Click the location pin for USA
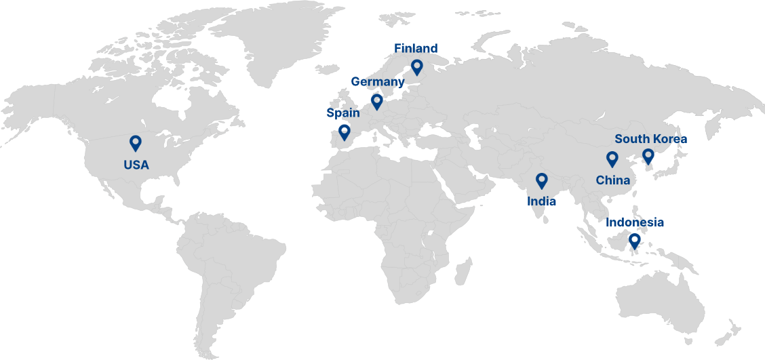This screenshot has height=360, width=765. click(135, 143)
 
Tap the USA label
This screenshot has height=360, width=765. click(136, 165)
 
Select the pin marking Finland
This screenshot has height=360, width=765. click(416, 66)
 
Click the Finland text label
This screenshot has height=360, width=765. click(416, 49)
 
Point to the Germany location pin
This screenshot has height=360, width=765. click(376, 101)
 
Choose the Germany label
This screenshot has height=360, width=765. click(377, 82)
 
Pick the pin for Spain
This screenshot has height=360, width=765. click(344, 131)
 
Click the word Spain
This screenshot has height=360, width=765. click(343, 113)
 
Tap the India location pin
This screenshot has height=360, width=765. click(541, 180)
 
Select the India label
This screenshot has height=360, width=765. click(541, 201)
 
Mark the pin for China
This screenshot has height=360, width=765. click(612, 159)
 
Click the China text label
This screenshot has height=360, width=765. click(612, 180)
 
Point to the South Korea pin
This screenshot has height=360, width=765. click(648, 157)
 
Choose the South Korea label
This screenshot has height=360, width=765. click(650, 139)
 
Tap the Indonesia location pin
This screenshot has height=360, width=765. click(634, 239)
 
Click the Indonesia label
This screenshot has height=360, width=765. click(635, 222)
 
